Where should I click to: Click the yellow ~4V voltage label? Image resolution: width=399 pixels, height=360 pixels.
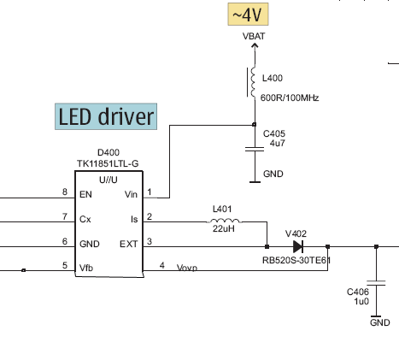(x=248, y=15)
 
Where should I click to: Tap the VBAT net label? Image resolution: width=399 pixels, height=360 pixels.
(x=254, y=36)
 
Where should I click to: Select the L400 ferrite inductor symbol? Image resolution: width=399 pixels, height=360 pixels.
(x=252, y=82)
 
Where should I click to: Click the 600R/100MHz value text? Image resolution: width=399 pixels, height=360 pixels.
(x=290, y=97)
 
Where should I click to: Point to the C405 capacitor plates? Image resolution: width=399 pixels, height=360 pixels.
(x=255, y=149)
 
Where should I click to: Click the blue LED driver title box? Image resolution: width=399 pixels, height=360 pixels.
(x=106, y=116)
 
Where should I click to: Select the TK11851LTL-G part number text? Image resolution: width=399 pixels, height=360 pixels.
(x=108, y=163)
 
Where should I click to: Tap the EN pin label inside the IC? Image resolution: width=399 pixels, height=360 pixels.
(x=85, y=194)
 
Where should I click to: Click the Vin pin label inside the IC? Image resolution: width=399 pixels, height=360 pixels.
(x=131, y=194)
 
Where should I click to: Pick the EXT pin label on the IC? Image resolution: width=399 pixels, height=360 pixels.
(x=129, y=244)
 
